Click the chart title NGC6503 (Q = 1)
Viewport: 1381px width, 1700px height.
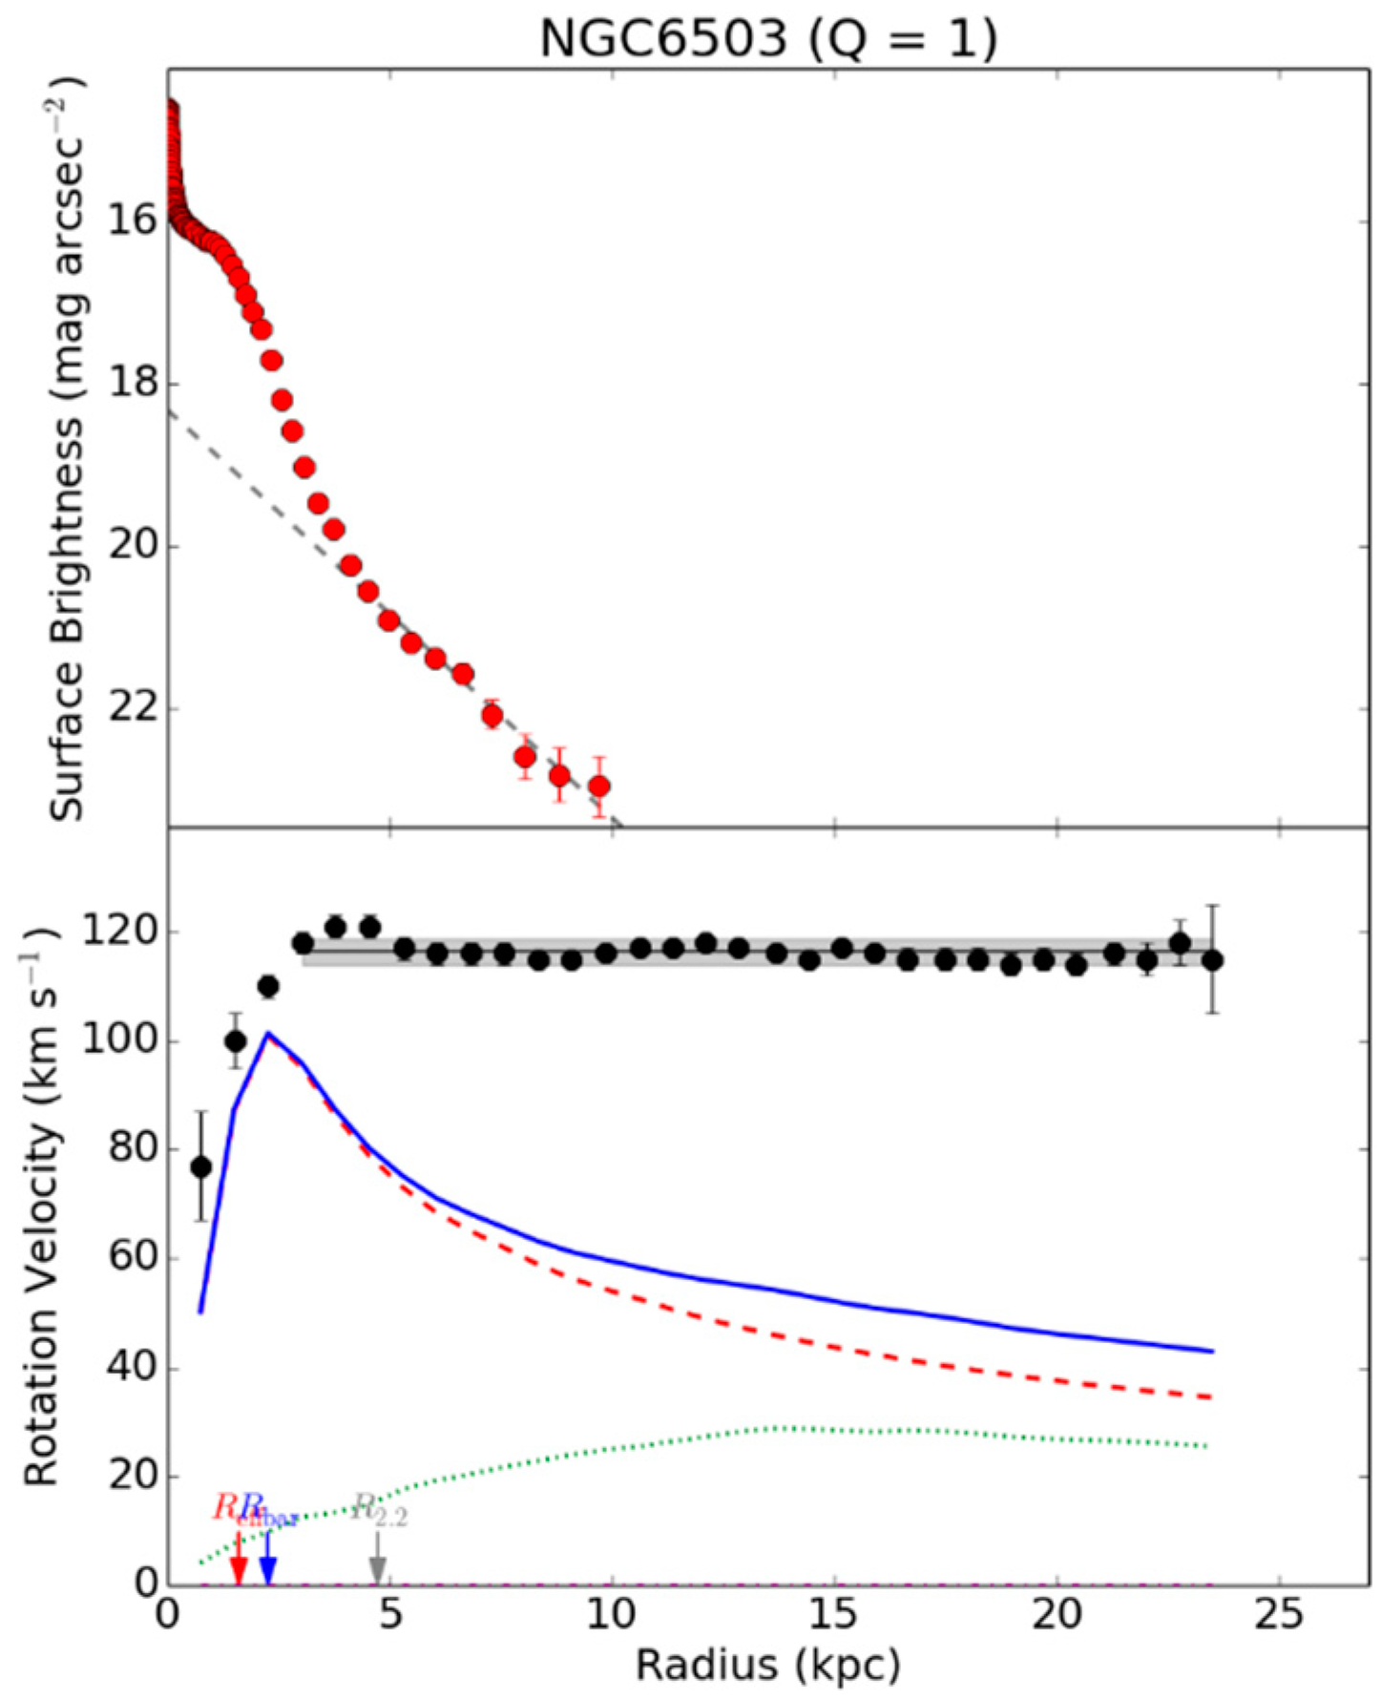[768, 39]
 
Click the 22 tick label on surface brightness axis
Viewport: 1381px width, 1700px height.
[131, 709]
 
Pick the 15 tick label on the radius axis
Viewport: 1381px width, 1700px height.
[834, 1614]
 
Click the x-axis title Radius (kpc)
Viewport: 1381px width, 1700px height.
[768, 1666]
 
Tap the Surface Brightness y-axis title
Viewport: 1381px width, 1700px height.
[67, 449]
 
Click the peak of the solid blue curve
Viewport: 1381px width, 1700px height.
[269, 1033]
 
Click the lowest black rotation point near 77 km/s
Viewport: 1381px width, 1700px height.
[200, 1166]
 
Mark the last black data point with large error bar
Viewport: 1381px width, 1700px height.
[1212, 960]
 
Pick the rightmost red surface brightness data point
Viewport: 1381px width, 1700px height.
[599, 787]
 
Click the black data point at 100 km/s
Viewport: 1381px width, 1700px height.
[236, 1041]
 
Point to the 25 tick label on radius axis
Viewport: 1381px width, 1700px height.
[1279, 1614]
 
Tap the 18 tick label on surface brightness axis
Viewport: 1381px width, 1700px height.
[131, 384]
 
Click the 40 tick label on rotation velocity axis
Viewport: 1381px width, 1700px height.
[119, 1368]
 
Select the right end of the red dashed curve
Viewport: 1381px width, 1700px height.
[1210, 1397]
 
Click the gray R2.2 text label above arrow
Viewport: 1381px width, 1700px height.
[380, 1510]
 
